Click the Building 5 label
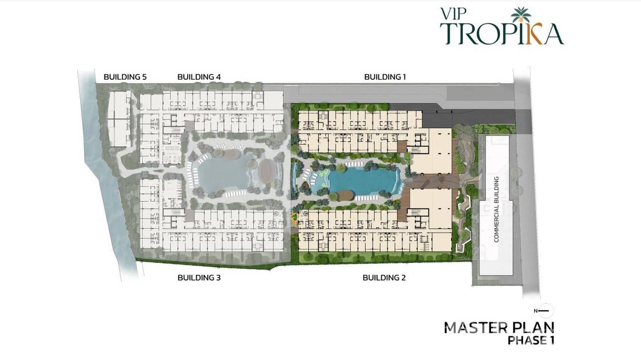tap(125, 77)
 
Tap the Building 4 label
tap(199, 77)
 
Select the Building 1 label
tap(385, 77)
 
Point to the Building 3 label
tap(199, 278)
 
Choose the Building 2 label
tap(384, 278)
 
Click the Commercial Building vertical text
tap(496, 209)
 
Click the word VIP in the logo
tap(453, 14)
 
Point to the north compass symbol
tap(545, 311)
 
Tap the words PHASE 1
tap(531, 340)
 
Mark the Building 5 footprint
tap(119, 119)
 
